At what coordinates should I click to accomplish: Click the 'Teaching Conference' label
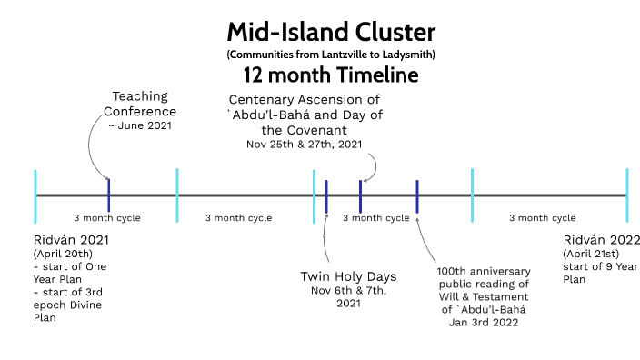pyautogui.click(x=145, y=104)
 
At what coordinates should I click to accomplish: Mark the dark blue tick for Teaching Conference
pyautogui.click(x=108, y=195)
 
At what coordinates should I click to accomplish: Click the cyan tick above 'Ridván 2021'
pyautogui.click(x=35, y=195)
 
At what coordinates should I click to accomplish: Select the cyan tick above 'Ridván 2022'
pyautogui.click(x=627, y=195)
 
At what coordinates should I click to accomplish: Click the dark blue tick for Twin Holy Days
pyautogui.click(x=326, y=195)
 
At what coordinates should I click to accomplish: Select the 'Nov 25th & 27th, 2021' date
pyautogui.click(x=304, y=144)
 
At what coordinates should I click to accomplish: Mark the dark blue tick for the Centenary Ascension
pyautogui.click(x=361, y=195)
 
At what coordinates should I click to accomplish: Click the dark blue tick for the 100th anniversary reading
pyautogui.click(x=417, y=195)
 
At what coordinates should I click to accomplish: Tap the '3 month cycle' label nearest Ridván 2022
pyautogui.click(x=542, y=218)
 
